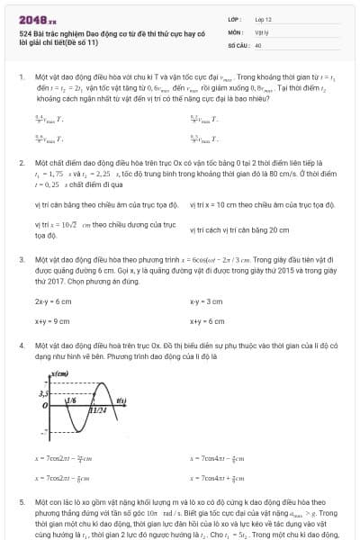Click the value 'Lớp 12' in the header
tap(264, 18)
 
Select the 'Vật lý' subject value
tap(262, 31)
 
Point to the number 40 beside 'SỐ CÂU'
tap(258, 44)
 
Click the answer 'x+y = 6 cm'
tap(207, 320)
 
